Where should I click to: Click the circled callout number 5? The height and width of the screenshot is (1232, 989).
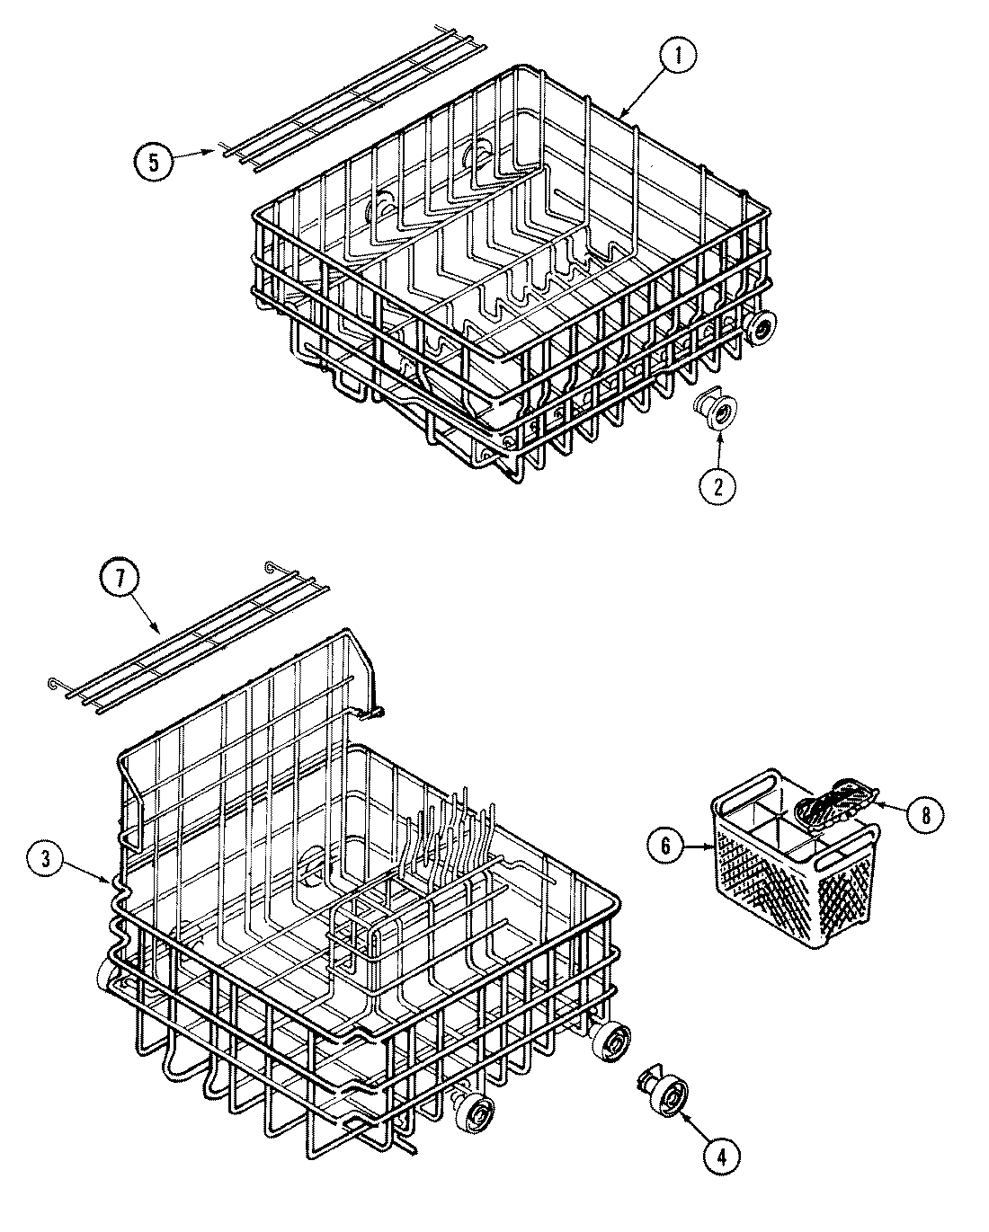156,162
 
